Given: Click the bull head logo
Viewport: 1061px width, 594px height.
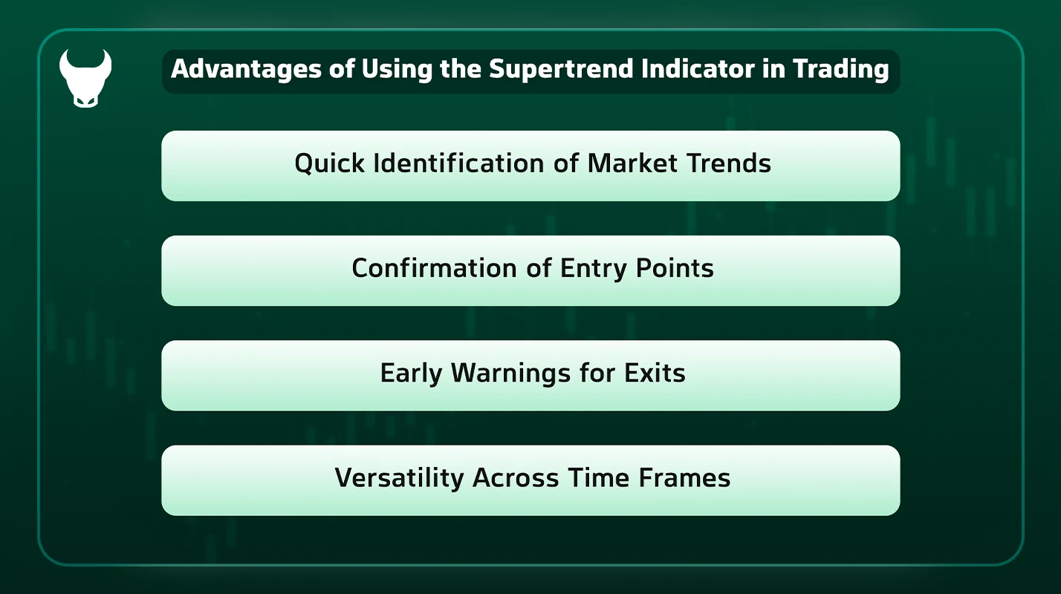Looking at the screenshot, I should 85,78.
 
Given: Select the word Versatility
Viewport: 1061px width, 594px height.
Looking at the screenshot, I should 398,477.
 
